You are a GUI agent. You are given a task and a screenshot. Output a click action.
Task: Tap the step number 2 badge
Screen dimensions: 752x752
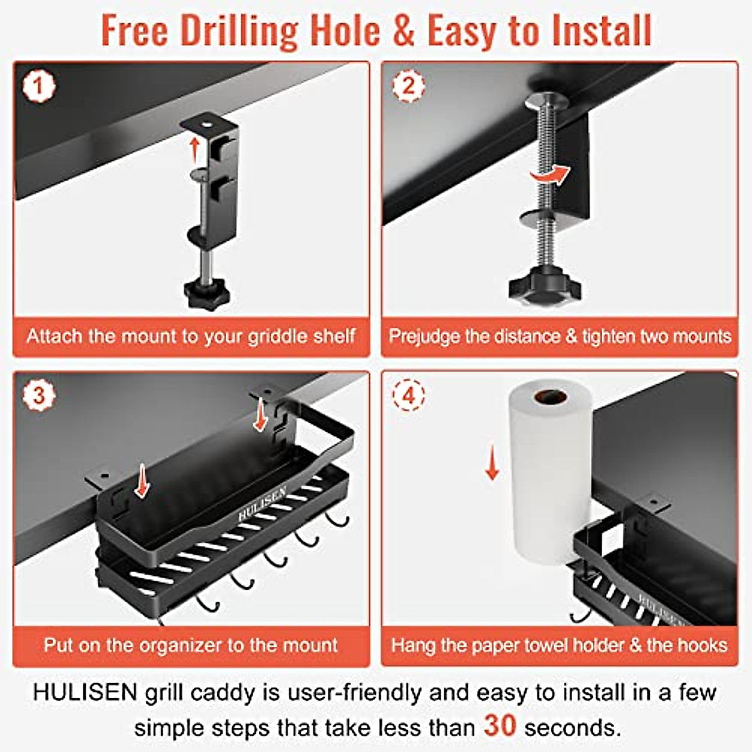(x=409, y=86)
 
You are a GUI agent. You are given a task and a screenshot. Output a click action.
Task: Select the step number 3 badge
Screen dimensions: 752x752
(x=39, y=395)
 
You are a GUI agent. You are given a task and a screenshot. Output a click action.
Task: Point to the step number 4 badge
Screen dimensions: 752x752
(x=409, y=395)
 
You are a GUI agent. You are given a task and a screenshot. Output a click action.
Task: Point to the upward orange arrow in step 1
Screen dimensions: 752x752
(x=195, y=151)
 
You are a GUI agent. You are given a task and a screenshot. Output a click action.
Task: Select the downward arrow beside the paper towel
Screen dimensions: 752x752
(x=493, y=464)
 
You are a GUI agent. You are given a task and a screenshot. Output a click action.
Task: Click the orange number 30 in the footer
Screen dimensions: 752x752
(x=499, y=726)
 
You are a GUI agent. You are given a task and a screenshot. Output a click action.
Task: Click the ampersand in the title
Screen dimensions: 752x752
(x=404, y=31)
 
